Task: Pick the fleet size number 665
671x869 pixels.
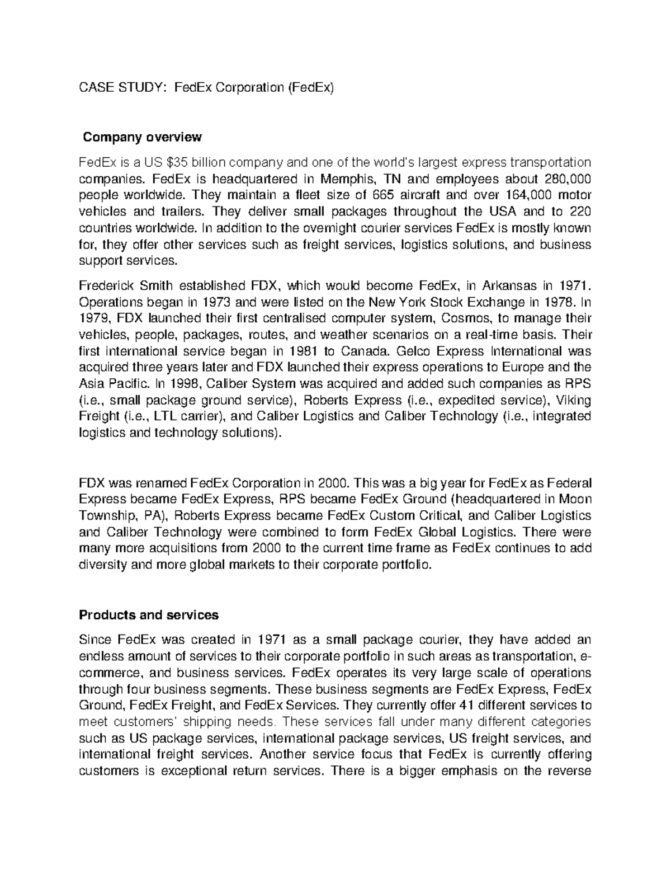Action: [x=391, y=195]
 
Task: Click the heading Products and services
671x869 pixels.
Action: [x=149, y=615]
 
